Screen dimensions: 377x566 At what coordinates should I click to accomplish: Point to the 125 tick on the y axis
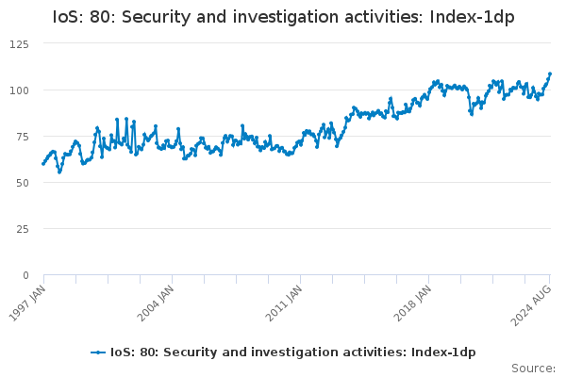pos(20,43)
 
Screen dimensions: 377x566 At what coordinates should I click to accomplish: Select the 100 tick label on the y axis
pos(20,90)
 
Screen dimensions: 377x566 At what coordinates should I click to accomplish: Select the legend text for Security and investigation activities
pos(293,352)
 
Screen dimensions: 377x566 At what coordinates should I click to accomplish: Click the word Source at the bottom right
pos(532,369)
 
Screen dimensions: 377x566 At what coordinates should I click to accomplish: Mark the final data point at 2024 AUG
pos(550,74)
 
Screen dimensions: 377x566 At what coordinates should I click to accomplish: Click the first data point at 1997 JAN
pos(43,164)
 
